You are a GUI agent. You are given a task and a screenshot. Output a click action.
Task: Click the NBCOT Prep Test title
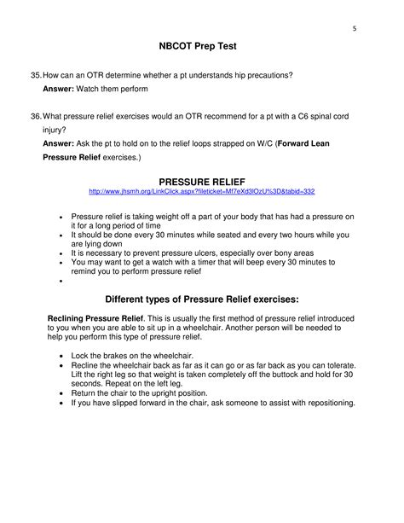[x=201, y=48]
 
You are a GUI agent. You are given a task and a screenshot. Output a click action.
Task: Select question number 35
[x=36, y=75]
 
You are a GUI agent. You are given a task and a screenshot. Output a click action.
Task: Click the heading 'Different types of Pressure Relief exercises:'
[x=201, y=299]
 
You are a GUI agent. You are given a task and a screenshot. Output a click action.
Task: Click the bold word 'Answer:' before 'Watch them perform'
[x=61, y=89]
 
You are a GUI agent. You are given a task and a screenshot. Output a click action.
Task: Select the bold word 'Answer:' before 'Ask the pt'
[x=61, y=144]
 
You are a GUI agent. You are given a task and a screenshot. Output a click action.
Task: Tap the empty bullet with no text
[x=61, y=281]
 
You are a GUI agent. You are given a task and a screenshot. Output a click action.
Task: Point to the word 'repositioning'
[x=326, y=403]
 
